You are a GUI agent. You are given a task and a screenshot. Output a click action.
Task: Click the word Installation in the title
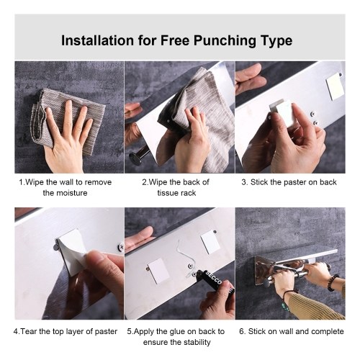tap(98, 40)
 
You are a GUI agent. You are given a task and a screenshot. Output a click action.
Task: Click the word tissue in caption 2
tap(166, 193)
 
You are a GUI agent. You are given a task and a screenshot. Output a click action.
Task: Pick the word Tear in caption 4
tap(28, 331)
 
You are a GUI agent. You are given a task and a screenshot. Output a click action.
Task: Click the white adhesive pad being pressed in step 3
tap(282, 113)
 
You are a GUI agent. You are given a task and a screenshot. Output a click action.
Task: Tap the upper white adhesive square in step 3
tap(335, 86)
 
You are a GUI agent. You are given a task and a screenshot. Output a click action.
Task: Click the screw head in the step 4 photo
tap(121, 247)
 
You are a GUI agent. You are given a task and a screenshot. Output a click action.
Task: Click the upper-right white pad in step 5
tap(210, 241)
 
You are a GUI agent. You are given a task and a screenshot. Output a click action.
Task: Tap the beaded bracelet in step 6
tap(333, 282)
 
